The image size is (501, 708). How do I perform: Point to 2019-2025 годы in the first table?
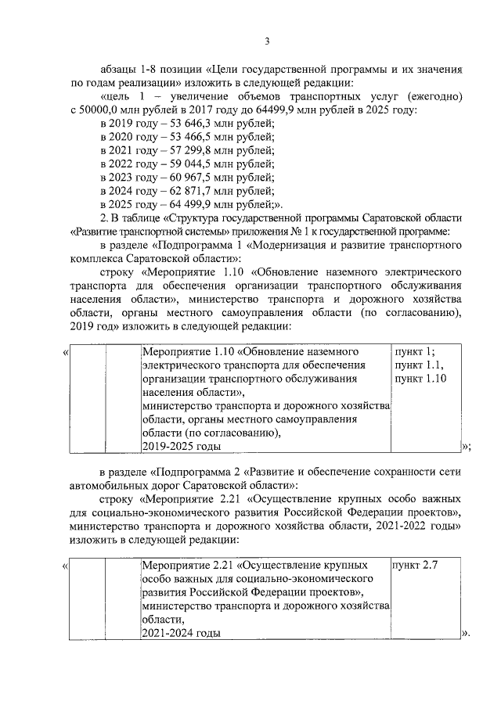click(x=181, y=445)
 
